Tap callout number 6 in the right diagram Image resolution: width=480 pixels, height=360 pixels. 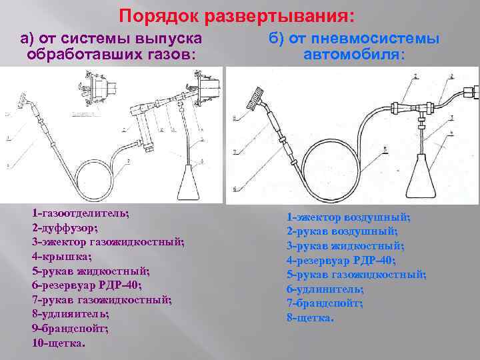coord(233,189)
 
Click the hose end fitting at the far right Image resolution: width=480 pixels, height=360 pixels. coord(471,90)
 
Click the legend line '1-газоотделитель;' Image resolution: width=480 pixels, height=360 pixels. coord(80,213)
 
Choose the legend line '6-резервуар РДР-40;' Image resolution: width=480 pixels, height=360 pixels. coord(87,285)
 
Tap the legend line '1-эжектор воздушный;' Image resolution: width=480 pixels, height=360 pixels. coord(349,217)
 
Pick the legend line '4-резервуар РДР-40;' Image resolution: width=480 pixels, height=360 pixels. coord(341,260)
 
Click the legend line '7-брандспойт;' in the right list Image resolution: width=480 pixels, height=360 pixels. coord(325,303)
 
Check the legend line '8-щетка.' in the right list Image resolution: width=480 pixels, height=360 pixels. coord(309,317)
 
